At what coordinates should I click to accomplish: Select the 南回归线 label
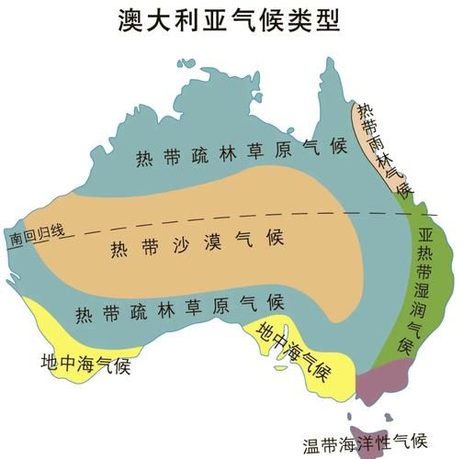point(38,233)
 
